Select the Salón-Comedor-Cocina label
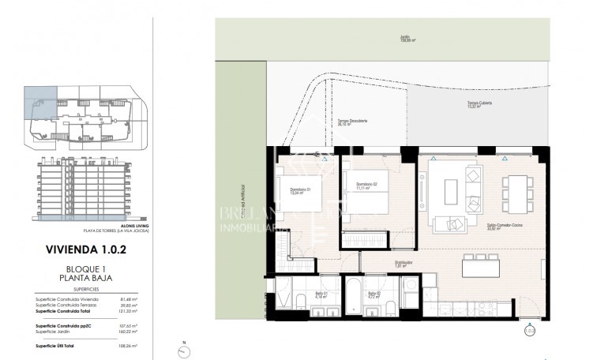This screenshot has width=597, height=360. click(x=505, y=227)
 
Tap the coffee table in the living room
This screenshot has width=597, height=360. click(x=450, y=190)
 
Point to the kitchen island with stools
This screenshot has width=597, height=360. click(x=496, y=269)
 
